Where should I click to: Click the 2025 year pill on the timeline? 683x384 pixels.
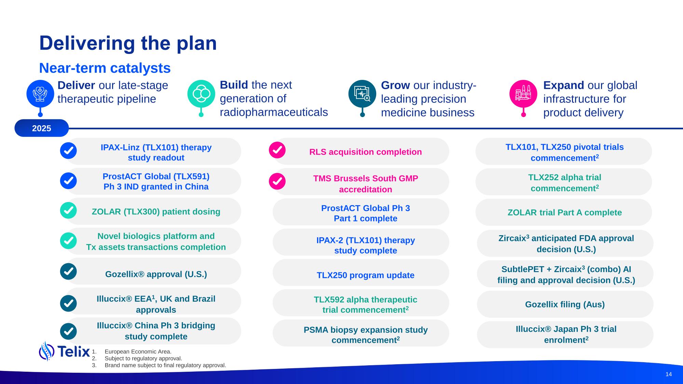click(42, 128)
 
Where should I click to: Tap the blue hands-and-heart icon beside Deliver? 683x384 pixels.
click(40, 94)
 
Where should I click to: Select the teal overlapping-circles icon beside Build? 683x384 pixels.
click(201, 94)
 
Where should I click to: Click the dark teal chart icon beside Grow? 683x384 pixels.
click(362, 94)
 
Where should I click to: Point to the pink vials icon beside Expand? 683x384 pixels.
click(523, 94)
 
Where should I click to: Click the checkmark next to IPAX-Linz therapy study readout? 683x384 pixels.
click(68, 151)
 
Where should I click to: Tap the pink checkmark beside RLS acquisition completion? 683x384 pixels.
click(277, 150)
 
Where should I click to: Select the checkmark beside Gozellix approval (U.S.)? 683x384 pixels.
click(68, 271)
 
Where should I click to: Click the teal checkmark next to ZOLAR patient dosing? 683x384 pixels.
click(68, 210)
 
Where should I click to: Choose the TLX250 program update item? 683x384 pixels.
click(361, 272)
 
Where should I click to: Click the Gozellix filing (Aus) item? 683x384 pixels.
click(565, 304)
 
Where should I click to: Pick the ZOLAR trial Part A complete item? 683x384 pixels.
click(564, 212)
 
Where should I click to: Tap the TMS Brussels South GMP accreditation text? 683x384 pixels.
click(366, 184)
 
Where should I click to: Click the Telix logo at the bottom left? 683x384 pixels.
click(64, 351)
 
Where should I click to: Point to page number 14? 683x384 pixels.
click(669, 374)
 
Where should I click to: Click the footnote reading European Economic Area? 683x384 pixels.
click(138, 352)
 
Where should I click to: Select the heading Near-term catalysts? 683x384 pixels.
click(105, 68)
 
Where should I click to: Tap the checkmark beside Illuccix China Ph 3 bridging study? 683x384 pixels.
click(68, 331)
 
